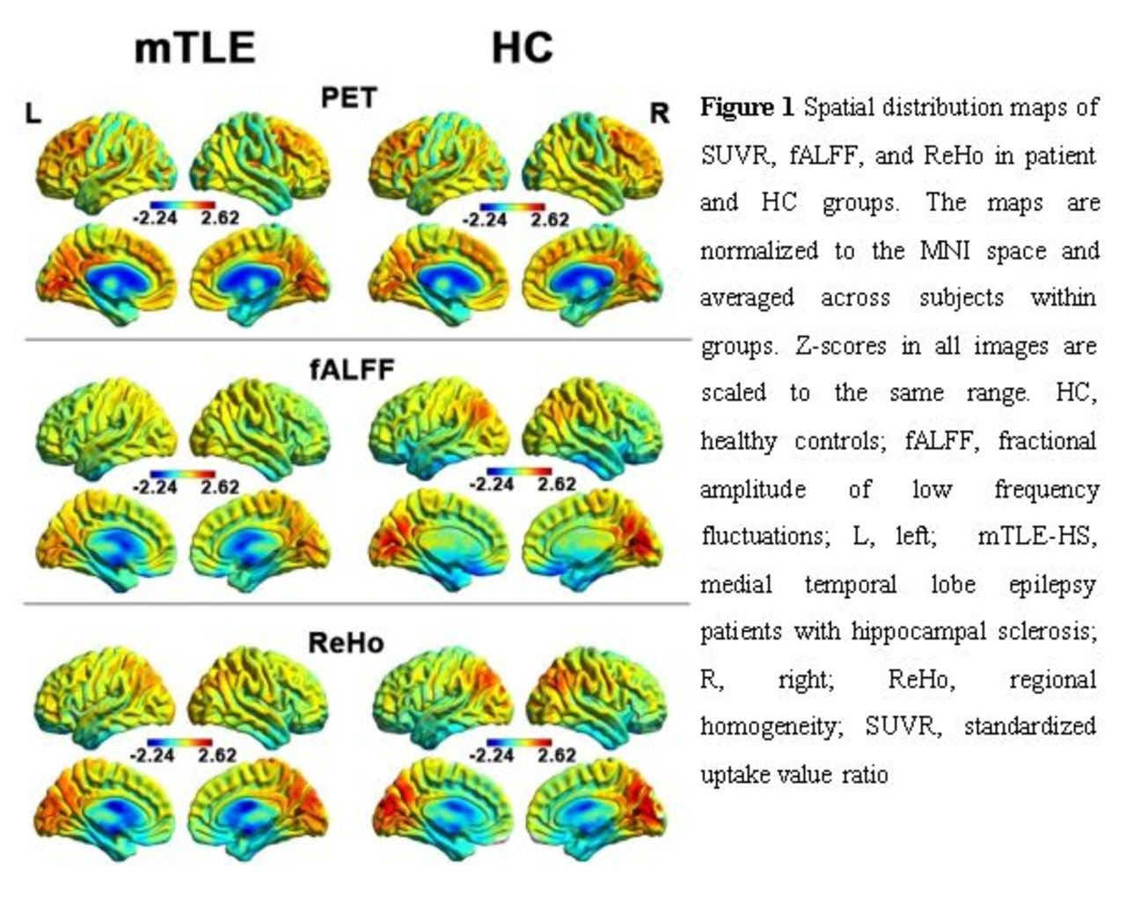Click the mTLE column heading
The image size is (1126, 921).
pyautogui.click(x=195, y=48)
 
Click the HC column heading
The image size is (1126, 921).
pyautogui.click(x=523, y=48)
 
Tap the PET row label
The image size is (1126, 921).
pyautogui.click(x=349, y=98)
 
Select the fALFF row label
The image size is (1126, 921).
pyautogui.click(x=352, y=369)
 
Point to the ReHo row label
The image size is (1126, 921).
pyautogui.click(x=346, y=643)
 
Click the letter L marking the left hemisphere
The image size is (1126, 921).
pyautogui.click(x=33, y=113)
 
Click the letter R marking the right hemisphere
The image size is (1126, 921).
pyautogui.click(x=659, y=113)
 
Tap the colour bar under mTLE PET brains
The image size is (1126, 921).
pyautogui.click(x=183, y=205)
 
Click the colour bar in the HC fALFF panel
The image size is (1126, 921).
pyautogui.click(x=518, y=471)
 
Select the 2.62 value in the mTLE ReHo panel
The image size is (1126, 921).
pyautogui.click(x=217, y=755)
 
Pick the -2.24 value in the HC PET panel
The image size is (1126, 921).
pyautogui.click(x=485, y=219)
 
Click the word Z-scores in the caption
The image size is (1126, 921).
pyautogui.click(x=841, y=346)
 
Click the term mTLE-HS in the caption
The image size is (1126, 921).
pyautogui.click(x=1037, y=536)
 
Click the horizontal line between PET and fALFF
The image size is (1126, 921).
pyautogui.click(x=358, y=340)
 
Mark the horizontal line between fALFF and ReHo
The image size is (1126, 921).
pyautogui.click(x=356, y=603)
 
